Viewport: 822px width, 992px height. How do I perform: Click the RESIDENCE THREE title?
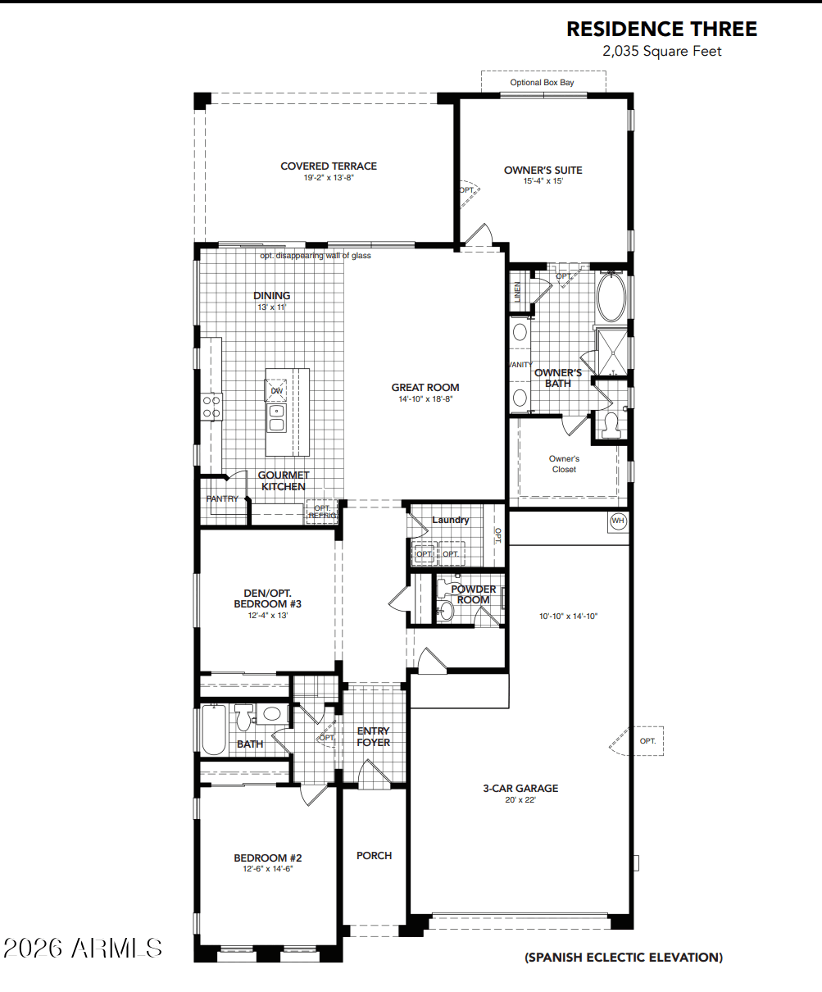coord(661,30)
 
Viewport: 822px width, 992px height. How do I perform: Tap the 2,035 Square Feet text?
coord(661,52)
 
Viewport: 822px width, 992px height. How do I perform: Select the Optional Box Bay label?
coord(542,82)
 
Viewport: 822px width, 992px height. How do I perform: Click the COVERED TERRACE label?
coord(329,166)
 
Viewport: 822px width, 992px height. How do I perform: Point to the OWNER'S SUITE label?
coord(543,171)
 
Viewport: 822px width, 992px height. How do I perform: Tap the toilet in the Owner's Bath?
coord(609,423)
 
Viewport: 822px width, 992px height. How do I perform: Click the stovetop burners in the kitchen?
coord(211,407)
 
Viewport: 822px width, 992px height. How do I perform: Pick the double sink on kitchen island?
coord(277,417)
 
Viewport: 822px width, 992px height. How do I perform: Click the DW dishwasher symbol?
coord(277,390)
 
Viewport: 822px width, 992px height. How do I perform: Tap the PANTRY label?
coord(222,498)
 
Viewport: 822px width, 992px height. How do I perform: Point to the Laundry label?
coord(450,520)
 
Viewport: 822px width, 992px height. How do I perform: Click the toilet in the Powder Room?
coord(446,610)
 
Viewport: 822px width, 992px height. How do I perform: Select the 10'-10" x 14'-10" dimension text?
coord(568,616)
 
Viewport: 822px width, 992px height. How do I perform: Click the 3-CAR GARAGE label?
coord(520,788)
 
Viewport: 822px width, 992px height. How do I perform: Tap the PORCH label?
coord(374,855)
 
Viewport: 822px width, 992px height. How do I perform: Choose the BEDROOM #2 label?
coord(267,858)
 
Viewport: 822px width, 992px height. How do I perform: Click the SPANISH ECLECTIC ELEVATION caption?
coord(623,957)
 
